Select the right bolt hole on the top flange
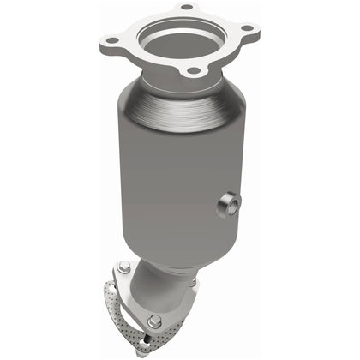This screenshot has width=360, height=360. point(248,27)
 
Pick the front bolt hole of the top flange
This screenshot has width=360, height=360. point(194,69)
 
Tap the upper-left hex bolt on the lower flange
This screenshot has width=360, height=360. point(125,267)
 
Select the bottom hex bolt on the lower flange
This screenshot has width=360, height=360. point(153,323)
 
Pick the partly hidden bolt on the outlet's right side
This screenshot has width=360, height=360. point(193,282)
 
